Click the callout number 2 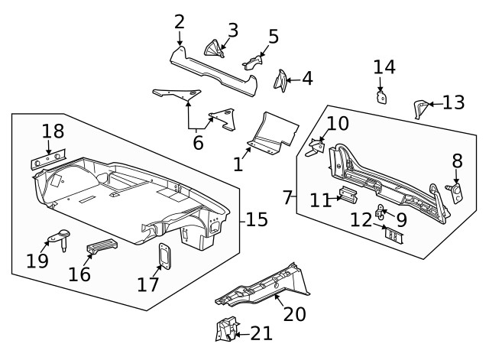[179, 21]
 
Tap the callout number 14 [384, 66]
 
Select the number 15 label [256, 220]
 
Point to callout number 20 [294, 313]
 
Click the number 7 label [287, 197]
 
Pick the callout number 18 [53, 130]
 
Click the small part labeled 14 [381, 97]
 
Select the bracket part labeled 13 [419, 108]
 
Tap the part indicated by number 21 [226, 329]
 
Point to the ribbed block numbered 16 [102, 247]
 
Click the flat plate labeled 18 [47, 160]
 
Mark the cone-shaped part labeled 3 [212, 48]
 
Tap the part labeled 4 [282, 79]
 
